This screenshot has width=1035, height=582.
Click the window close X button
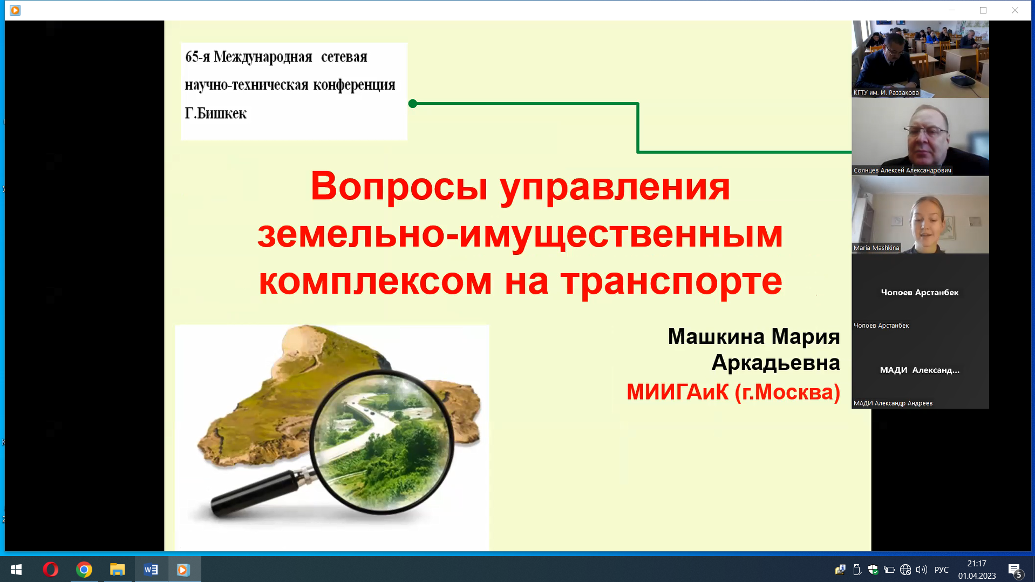(1014, 10)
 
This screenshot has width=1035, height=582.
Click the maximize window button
(983, 10)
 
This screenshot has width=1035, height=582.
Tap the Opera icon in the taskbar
(51, 570)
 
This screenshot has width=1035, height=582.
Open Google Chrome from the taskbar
(84, 570)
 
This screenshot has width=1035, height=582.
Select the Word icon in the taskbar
(151, 570)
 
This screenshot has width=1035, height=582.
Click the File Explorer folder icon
(118, 570)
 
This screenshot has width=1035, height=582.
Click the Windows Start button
(16, 570)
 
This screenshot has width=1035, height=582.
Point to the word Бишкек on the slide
(222, 113)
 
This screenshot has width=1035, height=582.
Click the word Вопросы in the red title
(399, 186)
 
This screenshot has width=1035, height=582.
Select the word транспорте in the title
(671, 282)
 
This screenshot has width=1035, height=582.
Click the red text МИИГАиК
(678, 392)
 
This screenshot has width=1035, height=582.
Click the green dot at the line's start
(413, 104)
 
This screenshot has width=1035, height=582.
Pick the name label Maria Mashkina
(876, 248)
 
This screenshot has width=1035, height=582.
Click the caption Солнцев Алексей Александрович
(902, 170)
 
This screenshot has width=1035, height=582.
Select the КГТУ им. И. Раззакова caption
(886, 92)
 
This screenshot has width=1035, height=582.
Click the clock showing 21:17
(977, 564)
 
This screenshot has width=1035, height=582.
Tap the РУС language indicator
(942, 570)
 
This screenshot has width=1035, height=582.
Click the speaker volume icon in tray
(922, 570)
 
